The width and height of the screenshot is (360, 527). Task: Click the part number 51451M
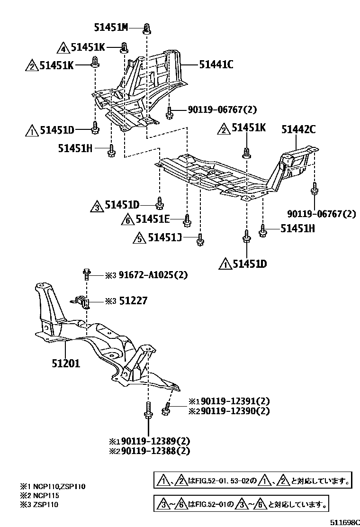[x=111, y=27]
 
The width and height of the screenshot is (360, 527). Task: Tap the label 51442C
[x=298, y=128]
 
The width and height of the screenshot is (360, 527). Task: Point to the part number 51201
[x=66, y=364]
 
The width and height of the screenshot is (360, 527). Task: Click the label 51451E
[x=153, y=219]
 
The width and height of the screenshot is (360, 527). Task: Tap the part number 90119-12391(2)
[x=232, y=400]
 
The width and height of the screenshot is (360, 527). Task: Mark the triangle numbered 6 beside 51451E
[x=127, y=219]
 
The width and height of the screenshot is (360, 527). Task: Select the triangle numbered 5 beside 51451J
[x=140, y=238]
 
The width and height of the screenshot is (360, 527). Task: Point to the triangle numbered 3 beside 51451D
[x=96, y=206]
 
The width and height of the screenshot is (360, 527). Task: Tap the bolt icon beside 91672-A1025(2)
[x=87, y=274]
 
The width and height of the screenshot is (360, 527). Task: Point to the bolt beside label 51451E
[x=187, y=219]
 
